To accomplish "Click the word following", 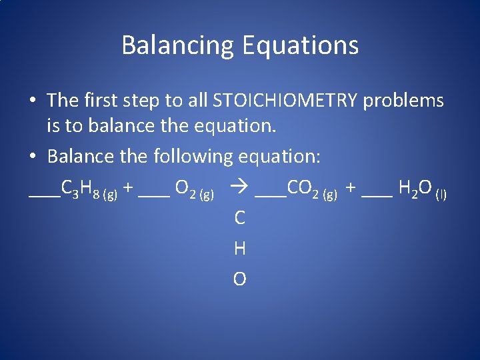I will pos(191,157).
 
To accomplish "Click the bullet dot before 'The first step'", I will pos(32,101).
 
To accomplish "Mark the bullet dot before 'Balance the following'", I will pos(32,158).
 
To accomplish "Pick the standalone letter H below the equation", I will pos(239,249).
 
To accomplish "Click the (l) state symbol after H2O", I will pos(441,194).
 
